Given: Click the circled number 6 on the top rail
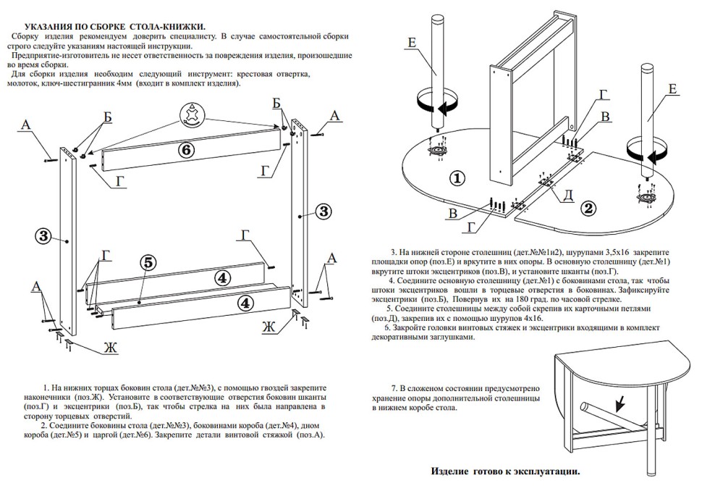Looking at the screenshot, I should (186, 150).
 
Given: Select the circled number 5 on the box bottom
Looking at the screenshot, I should (147, 264).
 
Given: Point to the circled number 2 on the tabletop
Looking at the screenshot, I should (589, 209).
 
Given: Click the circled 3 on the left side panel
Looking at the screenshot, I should (43, 235).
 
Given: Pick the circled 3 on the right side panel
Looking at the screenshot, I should (323, 211).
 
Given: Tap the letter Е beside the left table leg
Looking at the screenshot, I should (411, 43).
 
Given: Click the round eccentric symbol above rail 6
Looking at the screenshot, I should (193, 114).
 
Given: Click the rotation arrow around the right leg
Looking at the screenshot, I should (646, 155).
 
